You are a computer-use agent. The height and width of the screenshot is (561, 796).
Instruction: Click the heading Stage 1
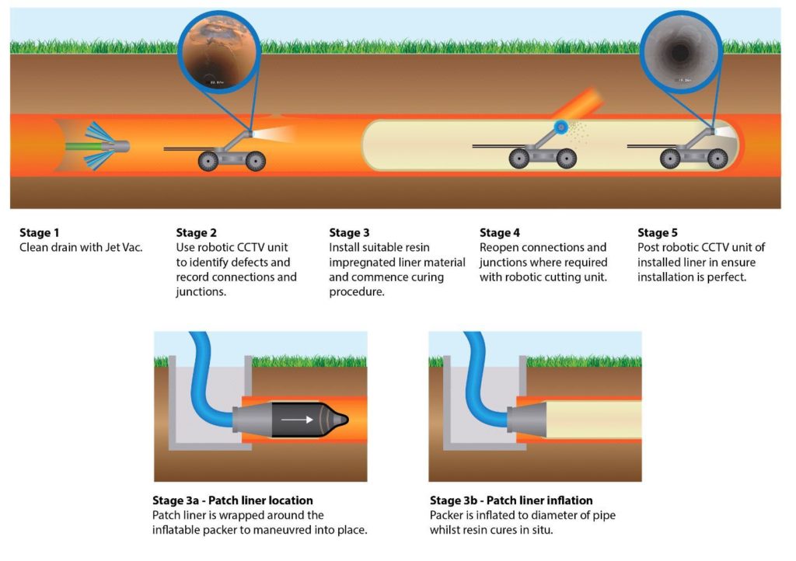38,232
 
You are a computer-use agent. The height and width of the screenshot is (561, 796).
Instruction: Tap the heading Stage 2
196,232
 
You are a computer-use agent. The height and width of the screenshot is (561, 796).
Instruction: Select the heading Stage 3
349,232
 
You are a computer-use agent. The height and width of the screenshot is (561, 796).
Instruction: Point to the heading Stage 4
500,232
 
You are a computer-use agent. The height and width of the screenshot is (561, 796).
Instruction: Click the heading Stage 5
658,232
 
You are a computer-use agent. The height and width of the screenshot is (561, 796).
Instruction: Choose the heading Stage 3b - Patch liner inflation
511,500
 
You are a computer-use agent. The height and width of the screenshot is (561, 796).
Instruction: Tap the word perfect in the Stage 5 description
725,277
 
